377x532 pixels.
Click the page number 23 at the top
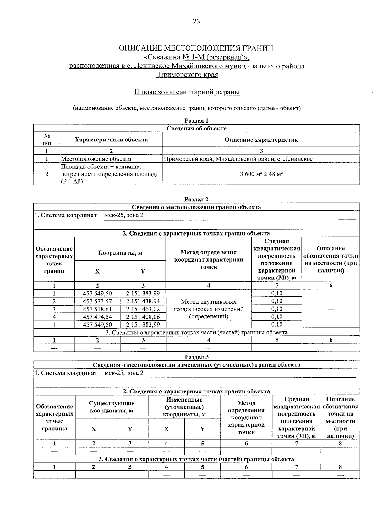pos(196,22)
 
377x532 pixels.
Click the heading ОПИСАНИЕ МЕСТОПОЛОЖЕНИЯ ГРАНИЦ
pos(196,48)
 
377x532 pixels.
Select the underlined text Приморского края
pos(188,75)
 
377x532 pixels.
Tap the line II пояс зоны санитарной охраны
pos(187,92)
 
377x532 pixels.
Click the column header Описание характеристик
pos(261,140)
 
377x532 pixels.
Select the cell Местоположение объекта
pos(96,159)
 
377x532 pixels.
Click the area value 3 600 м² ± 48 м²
pos(261,174)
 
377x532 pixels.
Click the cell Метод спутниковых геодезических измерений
pos(209,309)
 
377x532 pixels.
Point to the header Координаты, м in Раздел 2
pos(120,253)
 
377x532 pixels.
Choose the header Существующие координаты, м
pos(112,407)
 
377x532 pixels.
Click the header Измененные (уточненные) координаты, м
pos(184,407)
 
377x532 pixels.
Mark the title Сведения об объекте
pos(196,128)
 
